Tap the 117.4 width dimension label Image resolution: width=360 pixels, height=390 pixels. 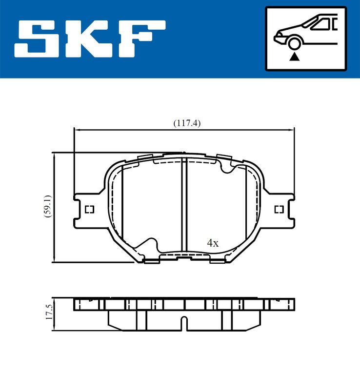(x=187, y=123)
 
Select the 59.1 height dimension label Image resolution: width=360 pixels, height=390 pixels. (x=47, y=207)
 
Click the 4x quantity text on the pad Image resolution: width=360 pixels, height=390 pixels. (x=212, y=243)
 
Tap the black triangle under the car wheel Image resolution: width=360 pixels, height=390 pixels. (x=294, y=57)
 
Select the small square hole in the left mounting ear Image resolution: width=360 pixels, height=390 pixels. (x=89, y=210)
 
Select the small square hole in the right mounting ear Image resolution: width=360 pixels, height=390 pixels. (x=279, y=210)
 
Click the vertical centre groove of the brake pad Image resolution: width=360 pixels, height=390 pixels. (x=184, y=205)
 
